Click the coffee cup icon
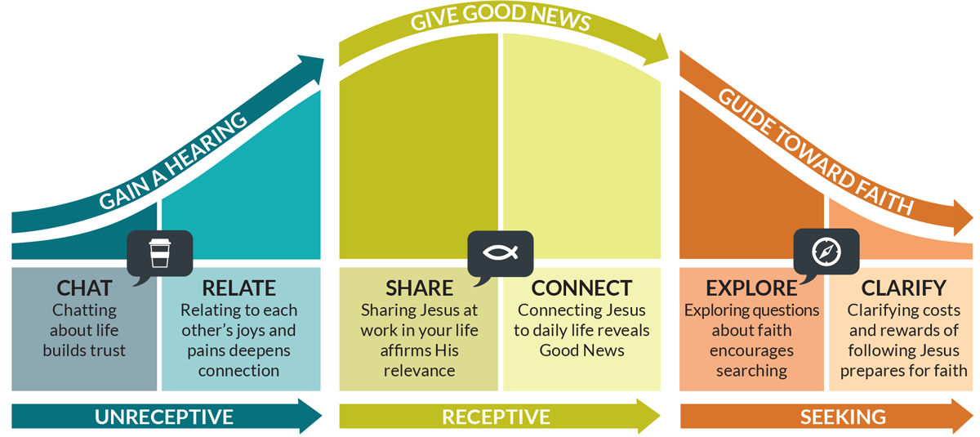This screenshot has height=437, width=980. coord(160,253)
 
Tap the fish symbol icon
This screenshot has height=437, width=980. coord(500,252)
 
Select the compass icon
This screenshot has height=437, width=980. coord(826,252)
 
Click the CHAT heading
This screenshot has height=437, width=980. coord(84,288)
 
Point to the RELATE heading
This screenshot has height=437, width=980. coord(238,288)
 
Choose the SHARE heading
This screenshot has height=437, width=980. coord(419,288)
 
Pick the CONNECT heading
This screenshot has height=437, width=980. coord(581,288)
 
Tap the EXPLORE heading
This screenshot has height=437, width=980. coord(751,288)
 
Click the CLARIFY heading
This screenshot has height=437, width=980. coord(903,288)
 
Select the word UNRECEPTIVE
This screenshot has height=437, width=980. coord(164,417)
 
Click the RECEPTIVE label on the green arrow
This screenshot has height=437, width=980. coord(496,417)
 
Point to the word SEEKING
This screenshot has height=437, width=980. coord(843,417)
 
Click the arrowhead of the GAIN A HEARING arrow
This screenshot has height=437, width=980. coord(310,69)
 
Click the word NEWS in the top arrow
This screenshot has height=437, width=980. coord(561,17)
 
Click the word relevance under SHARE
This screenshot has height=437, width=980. coord(419,371)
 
